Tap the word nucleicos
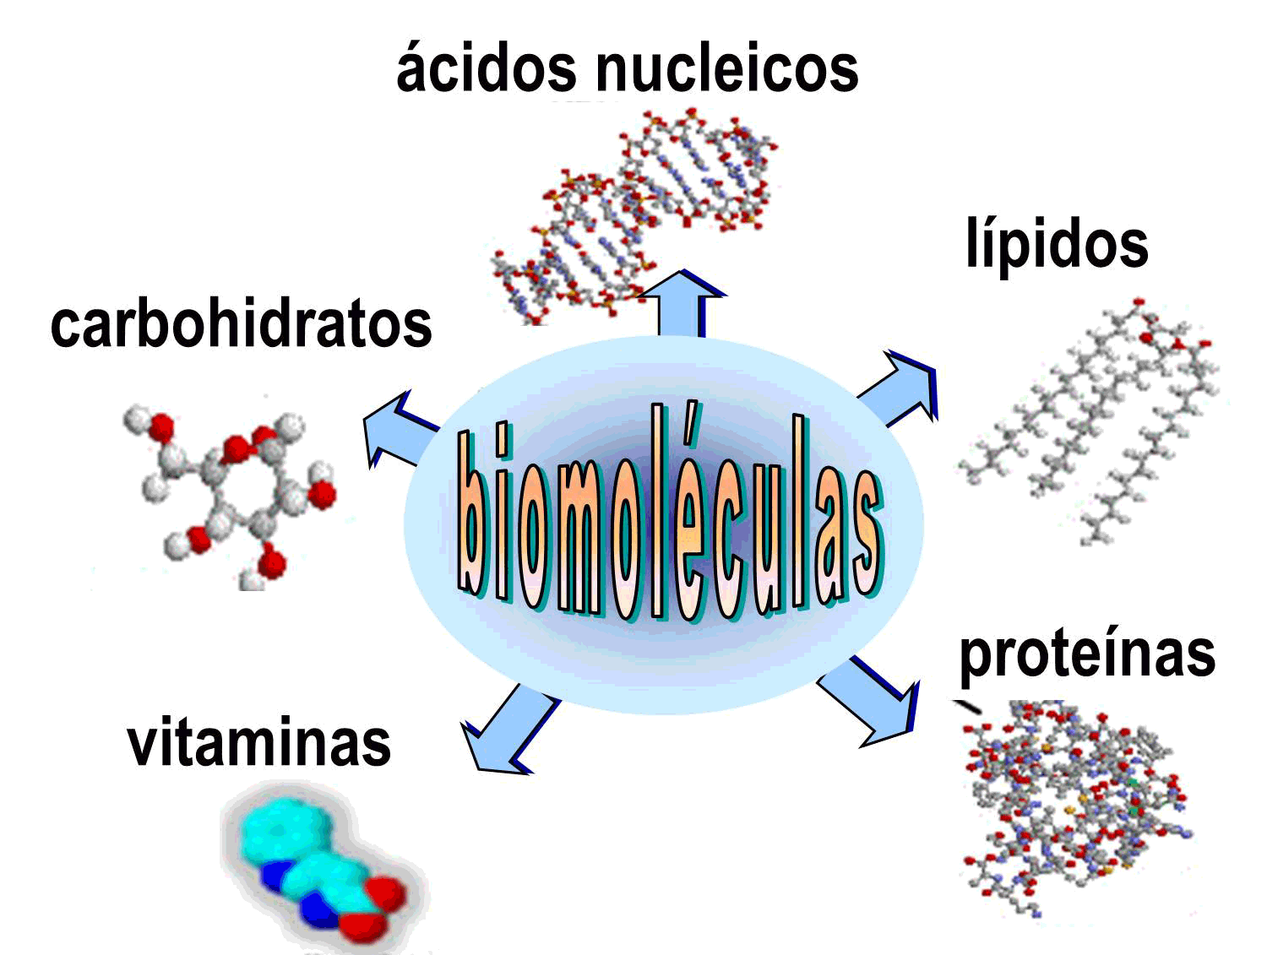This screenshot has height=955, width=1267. click(727, 68)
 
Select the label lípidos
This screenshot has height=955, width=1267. click(1057, 244)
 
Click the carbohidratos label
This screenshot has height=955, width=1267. click(241, 325)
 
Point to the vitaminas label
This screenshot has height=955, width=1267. click(258, 743)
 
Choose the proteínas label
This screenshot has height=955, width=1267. click(1087, 655)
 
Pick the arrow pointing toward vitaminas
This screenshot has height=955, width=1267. click(507, 730)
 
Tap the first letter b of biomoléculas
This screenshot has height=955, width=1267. click(475, 515)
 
